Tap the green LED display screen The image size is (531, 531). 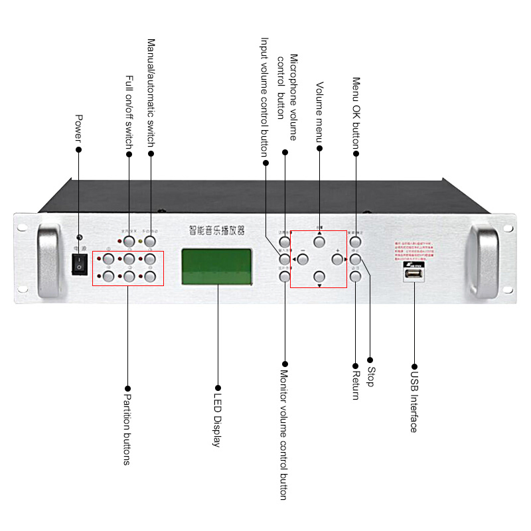tap(217, 266)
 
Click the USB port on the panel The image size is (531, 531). tap(414, 274)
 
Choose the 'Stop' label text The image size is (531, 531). tap(370, 377)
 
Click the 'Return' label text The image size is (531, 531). tap(355, 384)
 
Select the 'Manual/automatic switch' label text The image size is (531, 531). tap(151, 93)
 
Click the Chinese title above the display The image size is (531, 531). tap(217, 230)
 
